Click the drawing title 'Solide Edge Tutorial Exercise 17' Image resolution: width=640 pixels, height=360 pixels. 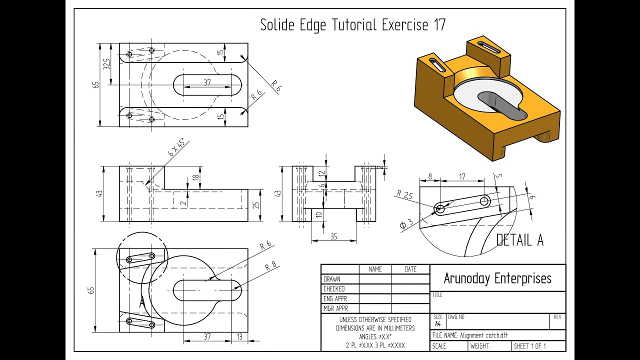tap(352, 25)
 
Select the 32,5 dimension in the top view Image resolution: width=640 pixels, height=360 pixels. tap(107, 64)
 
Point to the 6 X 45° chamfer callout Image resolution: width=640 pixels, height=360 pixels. tap(176, 148)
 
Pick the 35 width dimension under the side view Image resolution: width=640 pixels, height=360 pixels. tap(334, 236)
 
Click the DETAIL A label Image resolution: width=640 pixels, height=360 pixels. tap(519, 240)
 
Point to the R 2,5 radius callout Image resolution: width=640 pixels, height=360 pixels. tap(404, 195)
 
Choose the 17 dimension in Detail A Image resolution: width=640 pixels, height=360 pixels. tap(461, 176)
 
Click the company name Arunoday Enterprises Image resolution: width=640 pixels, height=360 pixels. tap(497, 278)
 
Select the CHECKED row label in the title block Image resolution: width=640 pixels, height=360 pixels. tap(334, 289)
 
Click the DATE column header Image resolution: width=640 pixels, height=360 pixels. tap(410, 269)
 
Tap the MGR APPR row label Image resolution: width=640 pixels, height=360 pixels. tap(335, 308)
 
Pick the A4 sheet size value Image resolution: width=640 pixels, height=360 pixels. tap(438, 324)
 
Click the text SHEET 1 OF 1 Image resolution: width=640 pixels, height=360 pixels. tap(529, 346)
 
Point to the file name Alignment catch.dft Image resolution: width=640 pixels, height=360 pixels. tap(469, 335)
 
